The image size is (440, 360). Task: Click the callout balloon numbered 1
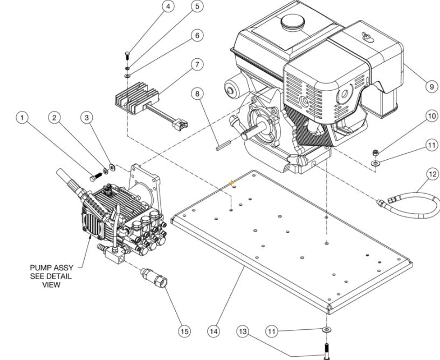[22, 117]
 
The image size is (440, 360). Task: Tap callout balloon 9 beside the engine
[431, 86]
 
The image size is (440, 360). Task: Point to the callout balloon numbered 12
[432, 174]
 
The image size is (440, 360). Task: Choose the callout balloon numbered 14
[214, 331]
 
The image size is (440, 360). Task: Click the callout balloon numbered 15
[184, 331]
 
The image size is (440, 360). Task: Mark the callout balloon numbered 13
[242, 330]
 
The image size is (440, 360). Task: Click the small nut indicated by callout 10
[374, 151]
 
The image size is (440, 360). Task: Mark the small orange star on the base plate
[232, 183]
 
